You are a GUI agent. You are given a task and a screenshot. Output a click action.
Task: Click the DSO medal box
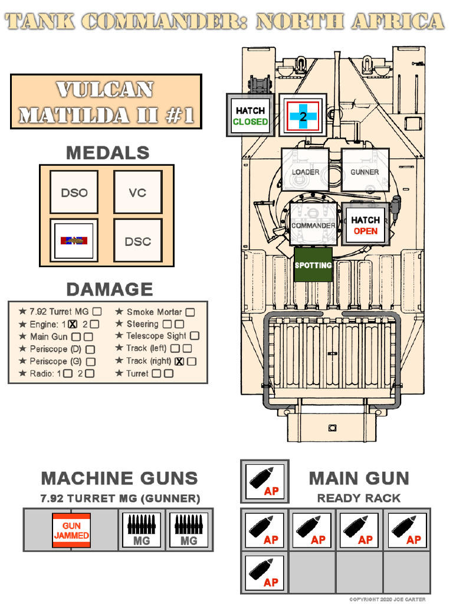(74, 192)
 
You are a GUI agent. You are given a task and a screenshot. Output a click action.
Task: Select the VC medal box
(137, 192)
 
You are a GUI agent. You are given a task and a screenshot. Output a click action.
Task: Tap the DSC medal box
(137, 241)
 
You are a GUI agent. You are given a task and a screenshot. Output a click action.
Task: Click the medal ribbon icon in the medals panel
(74, 241)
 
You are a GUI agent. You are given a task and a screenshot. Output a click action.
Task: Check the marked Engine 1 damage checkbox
(73, 324)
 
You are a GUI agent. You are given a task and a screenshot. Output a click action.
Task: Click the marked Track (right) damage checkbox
(179, 361)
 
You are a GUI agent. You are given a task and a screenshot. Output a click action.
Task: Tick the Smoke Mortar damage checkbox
(190, 312)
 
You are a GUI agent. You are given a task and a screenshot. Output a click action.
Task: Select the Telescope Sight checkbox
(194, 336)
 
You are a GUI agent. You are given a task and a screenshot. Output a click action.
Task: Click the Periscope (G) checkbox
(90, 361)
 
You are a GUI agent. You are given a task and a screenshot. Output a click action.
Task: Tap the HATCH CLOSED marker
(250, 116)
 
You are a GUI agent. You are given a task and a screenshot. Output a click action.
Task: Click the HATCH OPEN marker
(365, 225)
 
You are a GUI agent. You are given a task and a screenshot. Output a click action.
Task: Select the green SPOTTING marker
(313, 265)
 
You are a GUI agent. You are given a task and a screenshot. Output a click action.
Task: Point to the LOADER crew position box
(305, 170)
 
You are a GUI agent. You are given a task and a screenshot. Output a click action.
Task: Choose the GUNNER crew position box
(365, 170)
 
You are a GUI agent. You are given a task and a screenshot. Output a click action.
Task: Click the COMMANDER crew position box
(313, 224)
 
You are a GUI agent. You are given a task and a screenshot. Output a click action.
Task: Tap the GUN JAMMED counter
(71, 530)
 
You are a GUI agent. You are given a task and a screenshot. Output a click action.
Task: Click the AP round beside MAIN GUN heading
(264, 481)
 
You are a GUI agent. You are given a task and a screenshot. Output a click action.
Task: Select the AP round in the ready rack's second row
(264, 572)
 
